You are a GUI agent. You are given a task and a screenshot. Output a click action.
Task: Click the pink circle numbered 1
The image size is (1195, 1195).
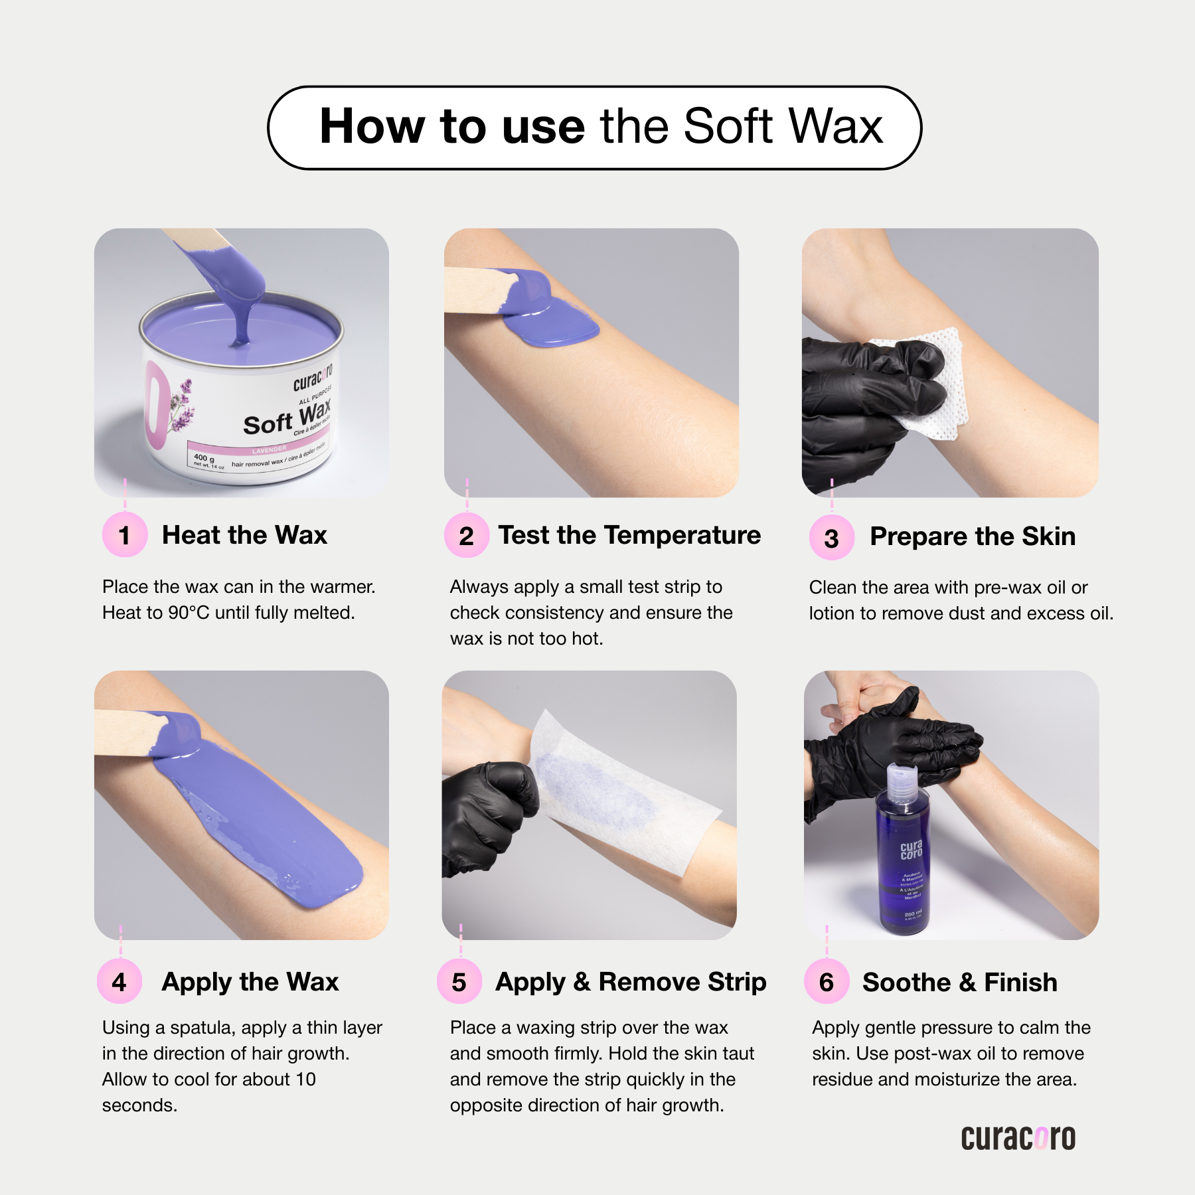(x=124, y=535)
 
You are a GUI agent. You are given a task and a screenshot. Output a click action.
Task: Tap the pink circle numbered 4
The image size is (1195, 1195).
(x=119, y=982)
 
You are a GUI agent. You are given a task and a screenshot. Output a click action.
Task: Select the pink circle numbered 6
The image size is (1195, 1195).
(x=827, y=982)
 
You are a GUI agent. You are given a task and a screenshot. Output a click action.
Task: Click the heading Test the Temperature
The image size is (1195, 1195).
(x=629, y=535)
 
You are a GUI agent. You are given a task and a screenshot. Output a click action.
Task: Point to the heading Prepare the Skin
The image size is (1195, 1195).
(x=972, y=536)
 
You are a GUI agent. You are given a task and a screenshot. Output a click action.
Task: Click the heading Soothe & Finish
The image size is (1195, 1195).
(x=959, y=983)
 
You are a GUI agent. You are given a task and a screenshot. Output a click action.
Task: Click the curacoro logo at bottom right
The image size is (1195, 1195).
(x=1018, y=1138)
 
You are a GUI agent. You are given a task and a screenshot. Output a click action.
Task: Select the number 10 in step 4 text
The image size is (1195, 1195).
(x=305, y=1079)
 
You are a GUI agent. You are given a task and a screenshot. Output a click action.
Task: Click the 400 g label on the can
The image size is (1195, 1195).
(x=204, y=457)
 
